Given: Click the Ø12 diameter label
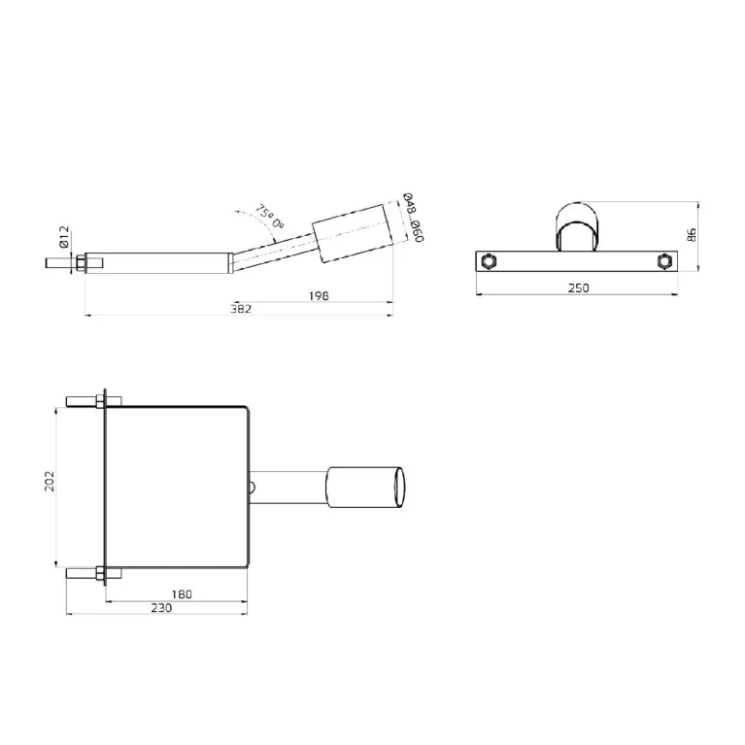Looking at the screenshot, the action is [x=65, y=237].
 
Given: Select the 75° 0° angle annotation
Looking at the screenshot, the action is [x=269, y=217].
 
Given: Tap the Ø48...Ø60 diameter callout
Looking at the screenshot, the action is [x=413, y=218].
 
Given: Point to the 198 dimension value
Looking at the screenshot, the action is [x=319, y=296].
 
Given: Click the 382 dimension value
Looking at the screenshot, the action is [x=241, y=309].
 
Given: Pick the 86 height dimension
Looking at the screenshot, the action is [x=692, y=235].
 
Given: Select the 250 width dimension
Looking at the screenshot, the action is [x=578, y=288].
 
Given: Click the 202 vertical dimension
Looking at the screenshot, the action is [x=50, y=482].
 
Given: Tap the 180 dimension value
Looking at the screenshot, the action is [x=182, y=594].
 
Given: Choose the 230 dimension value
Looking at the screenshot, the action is [x=161, y=608].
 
